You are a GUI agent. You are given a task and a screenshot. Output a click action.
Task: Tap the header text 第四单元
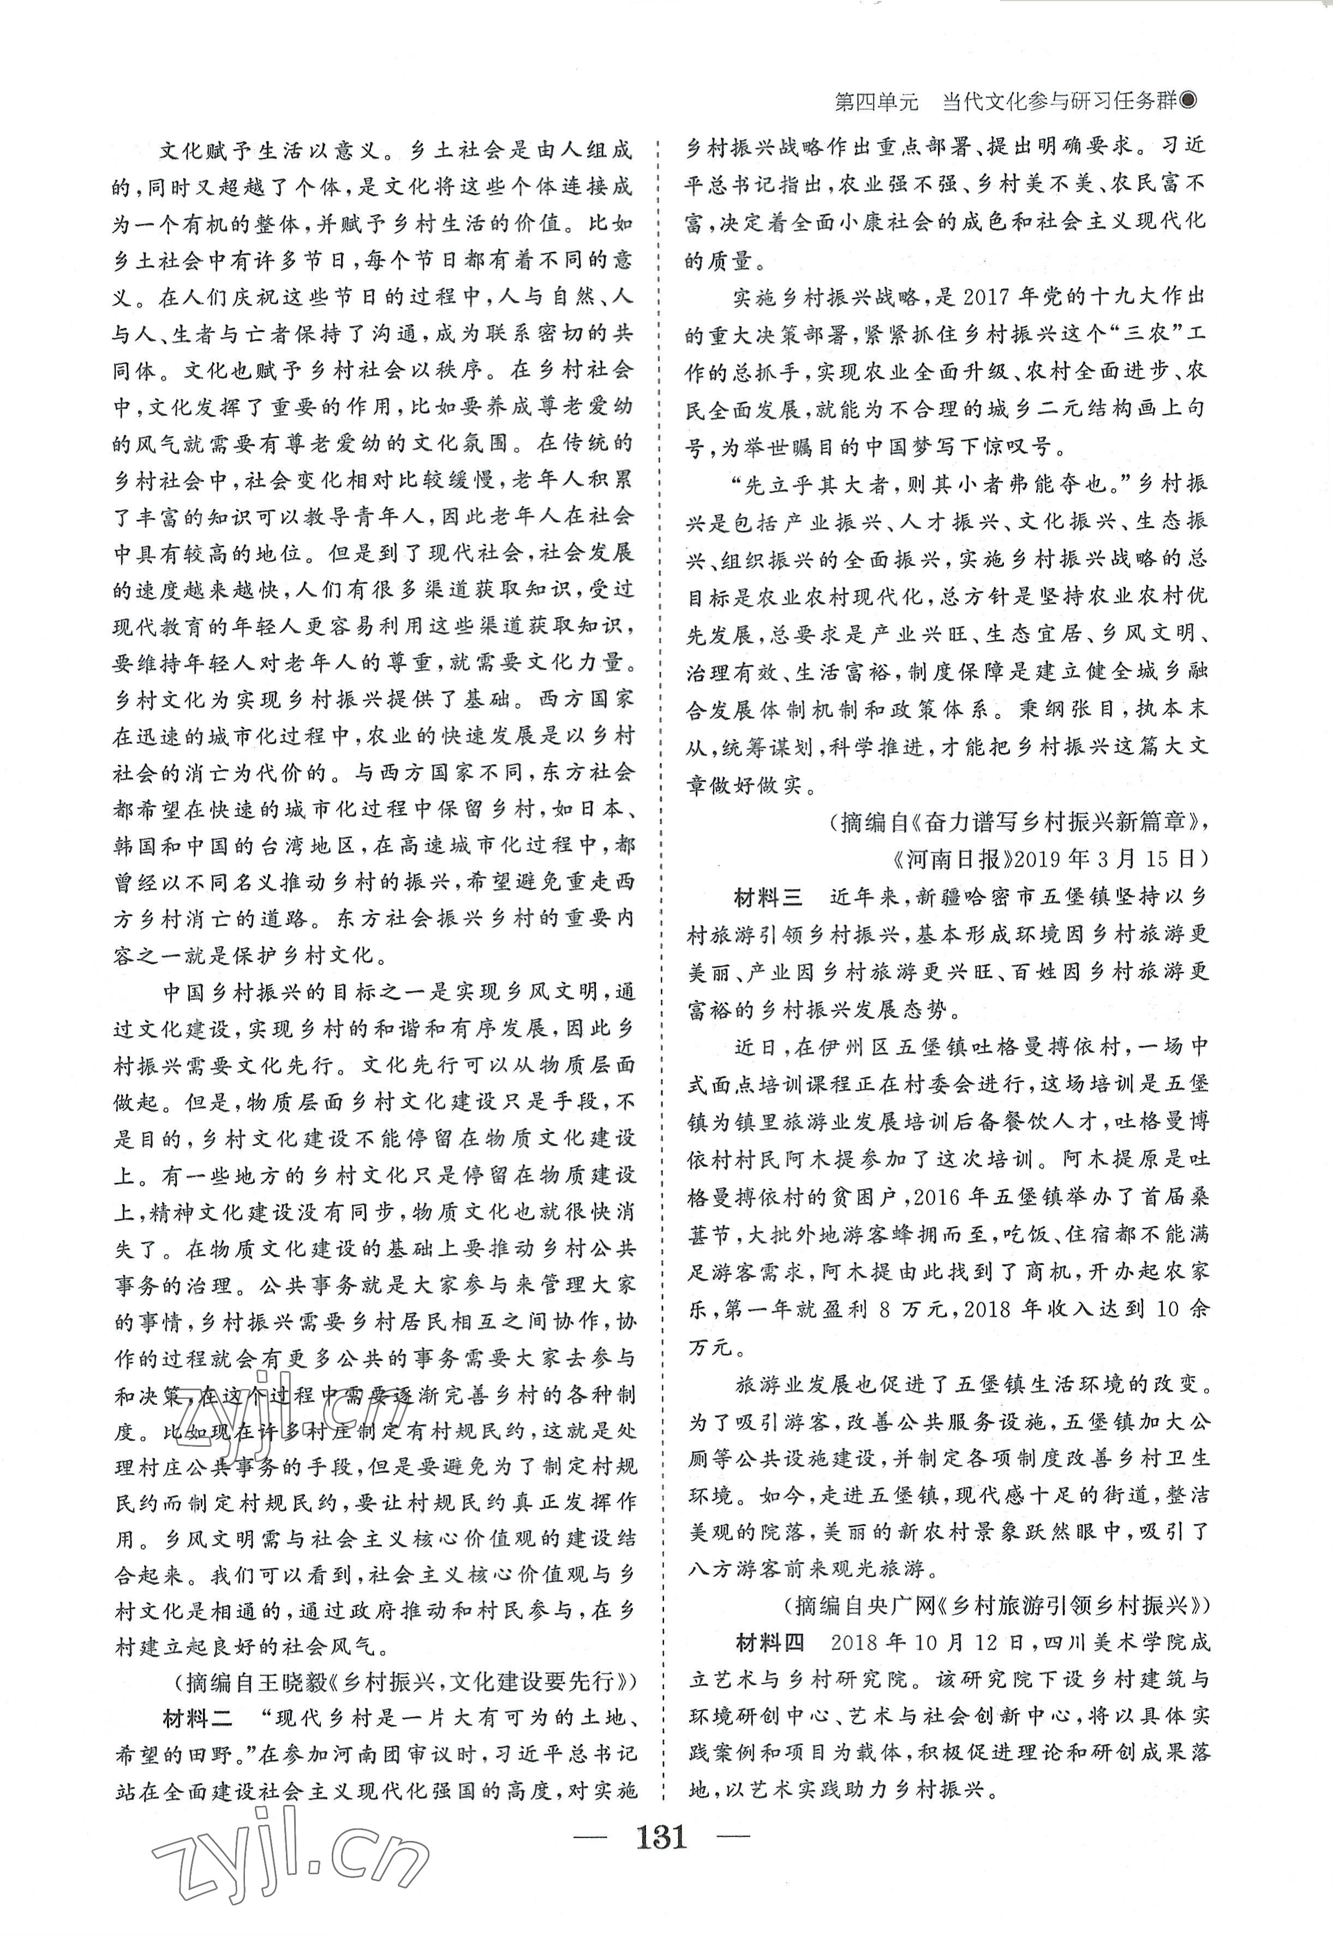(877, 102)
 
